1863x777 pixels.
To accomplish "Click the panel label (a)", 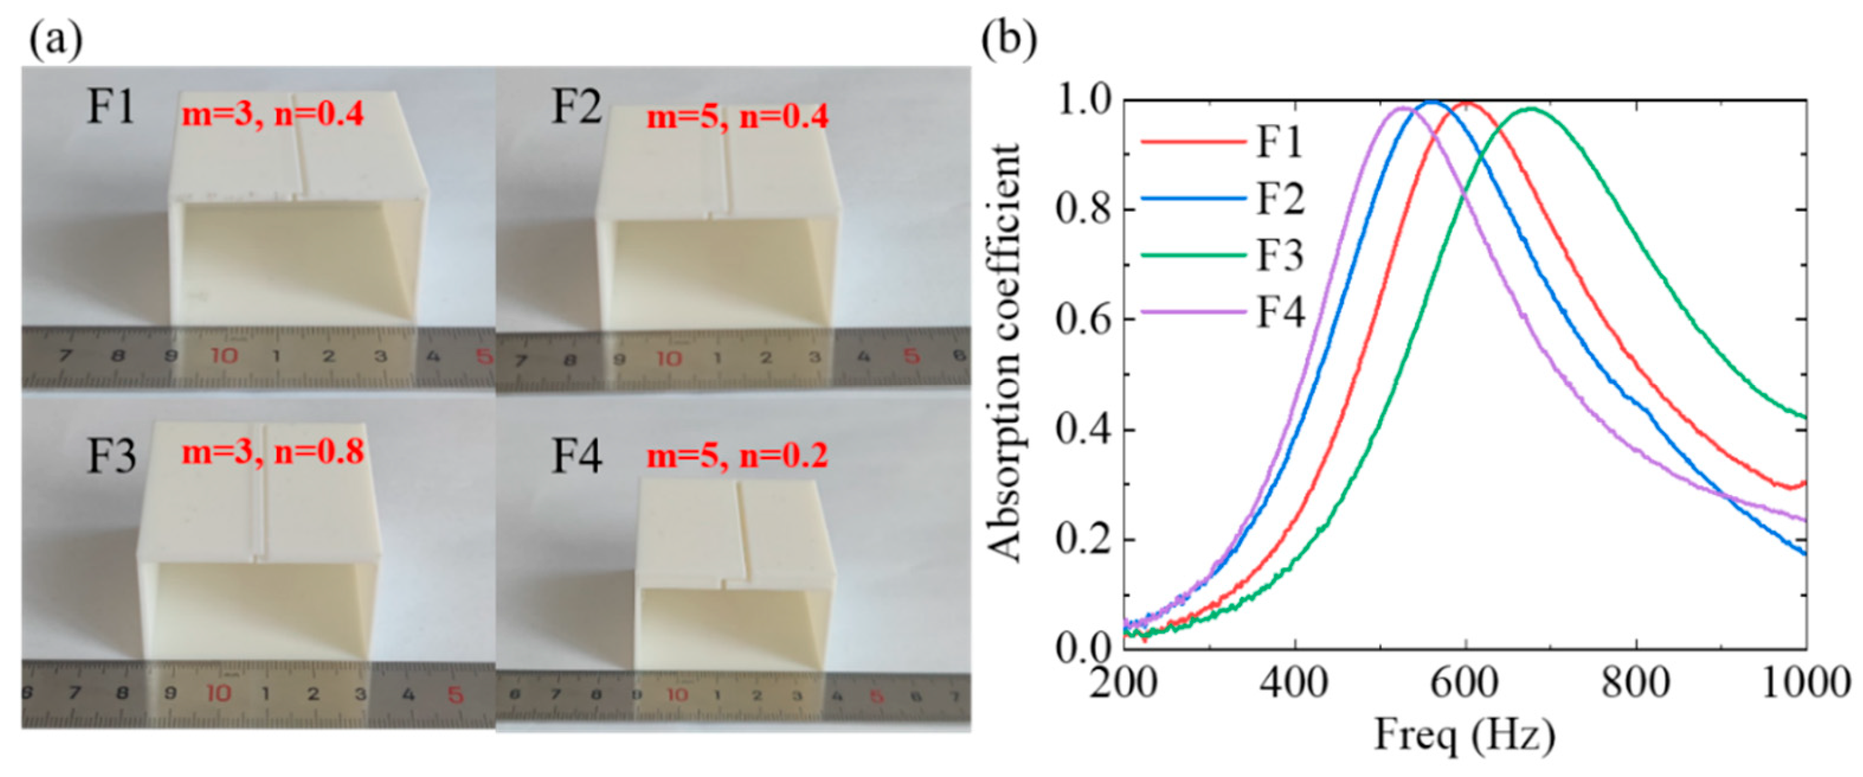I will pos(55,40).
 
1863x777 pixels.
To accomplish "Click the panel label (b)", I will pos(1009,40).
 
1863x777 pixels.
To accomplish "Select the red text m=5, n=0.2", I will pos(737,456).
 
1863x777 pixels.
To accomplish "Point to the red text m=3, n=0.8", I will pos(272,451).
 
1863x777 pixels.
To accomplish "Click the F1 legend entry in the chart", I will pos(1278,140).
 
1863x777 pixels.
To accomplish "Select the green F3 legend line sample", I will pos(1194,254).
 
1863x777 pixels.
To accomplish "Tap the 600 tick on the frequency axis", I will pos(1465,682).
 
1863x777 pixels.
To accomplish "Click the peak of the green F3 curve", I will pos(1530,108).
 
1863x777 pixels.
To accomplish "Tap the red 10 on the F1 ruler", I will pos(224,356).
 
